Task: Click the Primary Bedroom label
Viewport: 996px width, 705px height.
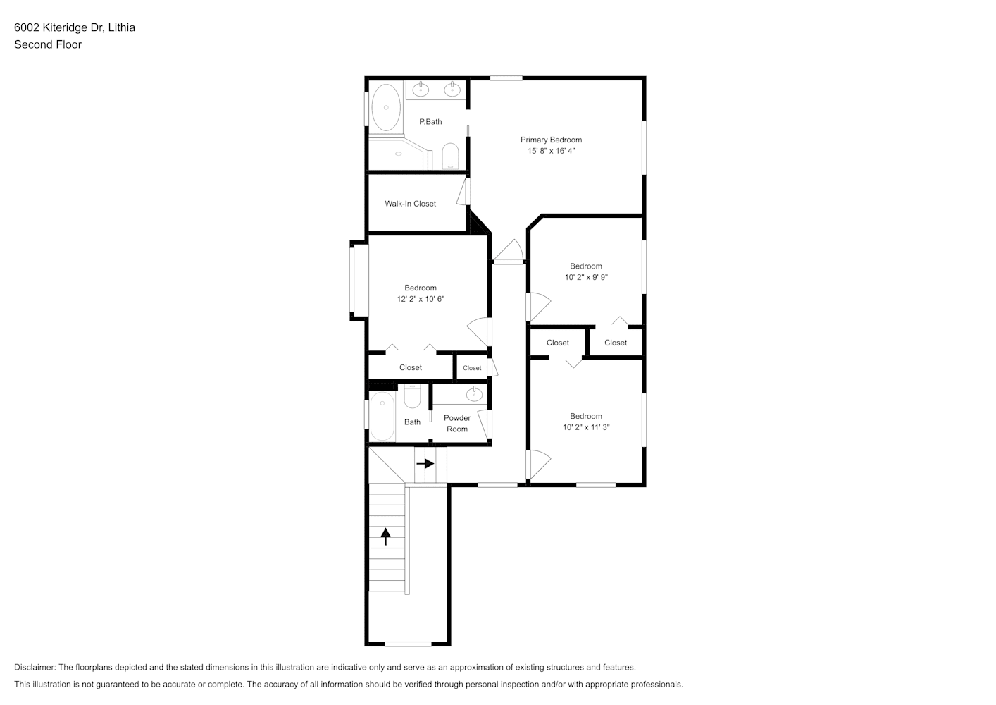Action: (x=551, y=140)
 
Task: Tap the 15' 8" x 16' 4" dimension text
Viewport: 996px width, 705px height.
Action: (x=551, y=151)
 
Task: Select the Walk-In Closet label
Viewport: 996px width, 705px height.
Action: (x=410, y=204)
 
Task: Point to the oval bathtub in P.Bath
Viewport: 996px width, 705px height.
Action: (x=386, y=107)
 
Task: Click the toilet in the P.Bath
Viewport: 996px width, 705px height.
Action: (x=450, y=156)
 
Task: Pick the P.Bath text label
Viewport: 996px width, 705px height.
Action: (x=430, y=121)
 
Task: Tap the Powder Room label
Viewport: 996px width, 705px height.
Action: (x=457, y=423)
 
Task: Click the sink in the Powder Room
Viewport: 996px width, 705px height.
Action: (x=475, y=394)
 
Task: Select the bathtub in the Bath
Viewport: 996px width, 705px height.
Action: (x=382, y=416)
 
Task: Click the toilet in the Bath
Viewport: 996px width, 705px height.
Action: (x=412, y=396)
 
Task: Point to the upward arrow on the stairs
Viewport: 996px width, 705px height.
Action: (x=385, y=537)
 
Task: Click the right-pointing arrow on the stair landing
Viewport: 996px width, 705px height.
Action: (x=425, y=464)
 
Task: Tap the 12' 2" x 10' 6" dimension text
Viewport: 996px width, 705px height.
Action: (x=421, y=299)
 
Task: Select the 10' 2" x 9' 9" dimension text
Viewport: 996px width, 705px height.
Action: (x=586, y=277)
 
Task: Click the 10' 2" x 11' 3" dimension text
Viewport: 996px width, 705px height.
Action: (x=586, y=427)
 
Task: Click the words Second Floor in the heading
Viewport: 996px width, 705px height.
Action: (x=48, y=44)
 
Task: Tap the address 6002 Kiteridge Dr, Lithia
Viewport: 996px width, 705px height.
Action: (x=75, y=27)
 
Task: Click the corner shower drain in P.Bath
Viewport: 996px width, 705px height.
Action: (x=399, y=154)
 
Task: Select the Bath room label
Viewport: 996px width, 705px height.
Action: (x=412, y=422)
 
